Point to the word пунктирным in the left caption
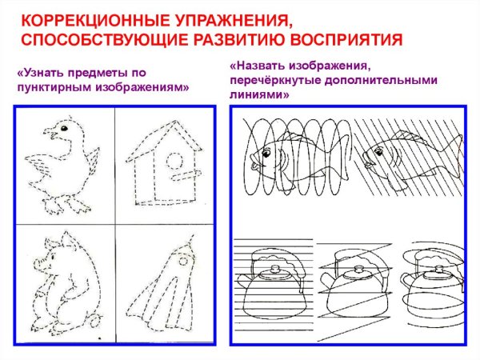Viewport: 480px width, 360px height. click(55, 87)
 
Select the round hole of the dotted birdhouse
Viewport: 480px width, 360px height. click(170, 163)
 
